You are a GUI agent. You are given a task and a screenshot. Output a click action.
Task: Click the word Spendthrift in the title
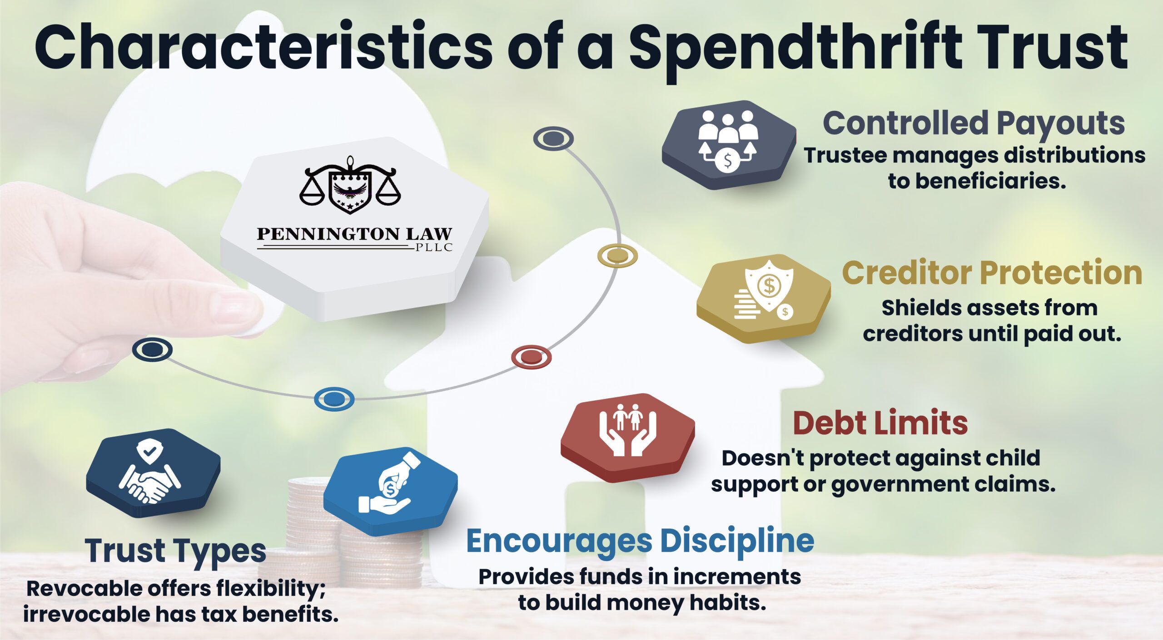click(x=795, y=50)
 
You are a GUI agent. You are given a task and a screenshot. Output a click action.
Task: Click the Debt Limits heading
click(x=880, y=423)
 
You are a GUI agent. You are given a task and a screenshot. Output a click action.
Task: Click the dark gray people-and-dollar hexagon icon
click(x=729, y=144)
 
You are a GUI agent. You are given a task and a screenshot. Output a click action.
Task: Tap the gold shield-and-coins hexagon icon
click(x=764, y=298)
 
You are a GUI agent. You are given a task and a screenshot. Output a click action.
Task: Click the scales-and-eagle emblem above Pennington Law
click(x=350, y=185)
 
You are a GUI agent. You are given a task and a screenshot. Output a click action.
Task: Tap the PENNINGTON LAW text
click(x=354, y=234)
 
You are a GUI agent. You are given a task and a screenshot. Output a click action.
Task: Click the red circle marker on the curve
click(x=531, y=357)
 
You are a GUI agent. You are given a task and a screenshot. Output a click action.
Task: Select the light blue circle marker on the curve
click(x=334, y=399)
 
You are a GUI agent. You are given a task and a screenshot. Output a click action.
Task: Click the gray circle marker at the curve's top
click(x=553, y=138)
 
